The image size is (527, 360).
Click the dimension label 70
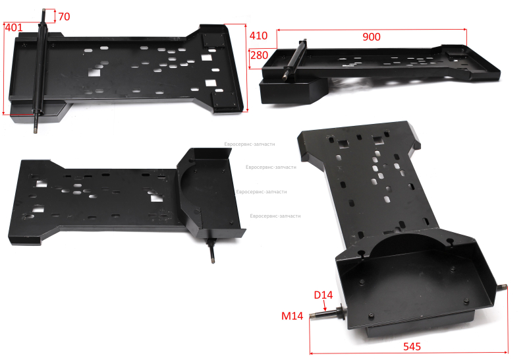click(x=64, y=16)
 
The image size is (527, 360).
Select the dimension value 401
click(x=14, y=27)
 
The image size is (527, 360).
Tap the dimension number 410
click(x=258, y=36)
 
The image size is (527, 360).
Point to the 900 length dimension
click(x=372, y=37)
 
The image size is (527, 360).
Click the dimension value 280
click(x=259, y=55)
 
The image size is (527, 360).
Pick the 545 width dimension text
click(x=412, y=346)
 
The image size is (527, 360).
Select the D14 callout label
click(x=323, y=295)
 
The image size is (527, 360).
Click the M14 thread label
click(x=292, y=316)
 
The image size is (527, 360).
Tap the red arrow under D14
click(x=325, y=305)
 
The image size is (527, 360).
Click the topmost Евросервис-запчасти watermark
click(x=250, y=144)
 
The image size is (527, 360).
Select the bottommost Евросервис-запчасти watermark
click(x=275, y=216)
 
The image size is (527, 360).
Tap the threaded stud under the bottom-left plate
click(x=211, y=251)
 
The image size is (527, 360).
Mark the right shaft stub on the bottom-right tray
click(x=502, y=287)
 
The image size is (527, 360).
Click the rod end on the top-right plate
click(x=285, y=78)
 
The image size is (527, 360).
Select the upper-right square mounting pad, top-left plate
click(x=213, y=40)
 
